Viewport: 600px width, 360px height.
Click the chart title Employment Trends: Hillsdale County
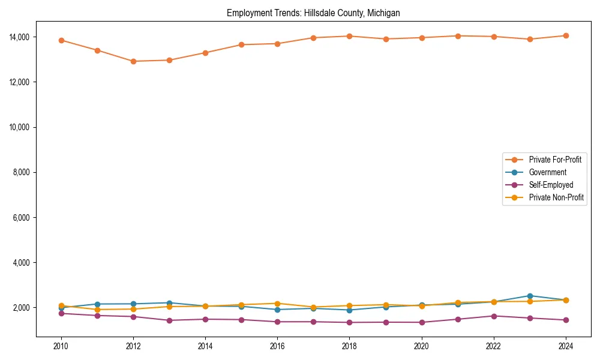coord(313,13)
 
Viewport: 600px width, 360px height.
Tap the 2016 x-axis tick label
coord(277,346)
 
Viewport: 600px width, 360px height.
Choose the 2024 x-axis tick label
coord(566,346)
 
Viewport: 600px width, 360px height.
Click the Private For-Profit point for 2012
coord(133,61)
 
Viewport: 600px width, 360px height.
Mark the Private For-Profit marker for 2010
coord(61,40)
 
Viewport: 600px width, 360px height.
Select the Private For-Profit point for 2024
coord(566,35)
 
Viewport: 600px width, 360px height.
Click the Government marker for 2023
coord(530,296)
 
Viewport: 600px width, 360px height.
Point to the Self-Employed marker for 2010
coord(61,313)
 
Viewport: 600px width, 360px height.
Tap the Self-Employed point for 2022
coord(494,316)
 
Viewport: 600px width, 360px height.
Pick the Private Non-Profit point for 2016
coord(277,304)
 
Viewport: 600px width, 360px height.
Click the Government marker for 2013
coord(169,303)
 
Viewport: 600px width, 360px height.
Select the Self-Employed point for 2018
coord(349,322)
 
